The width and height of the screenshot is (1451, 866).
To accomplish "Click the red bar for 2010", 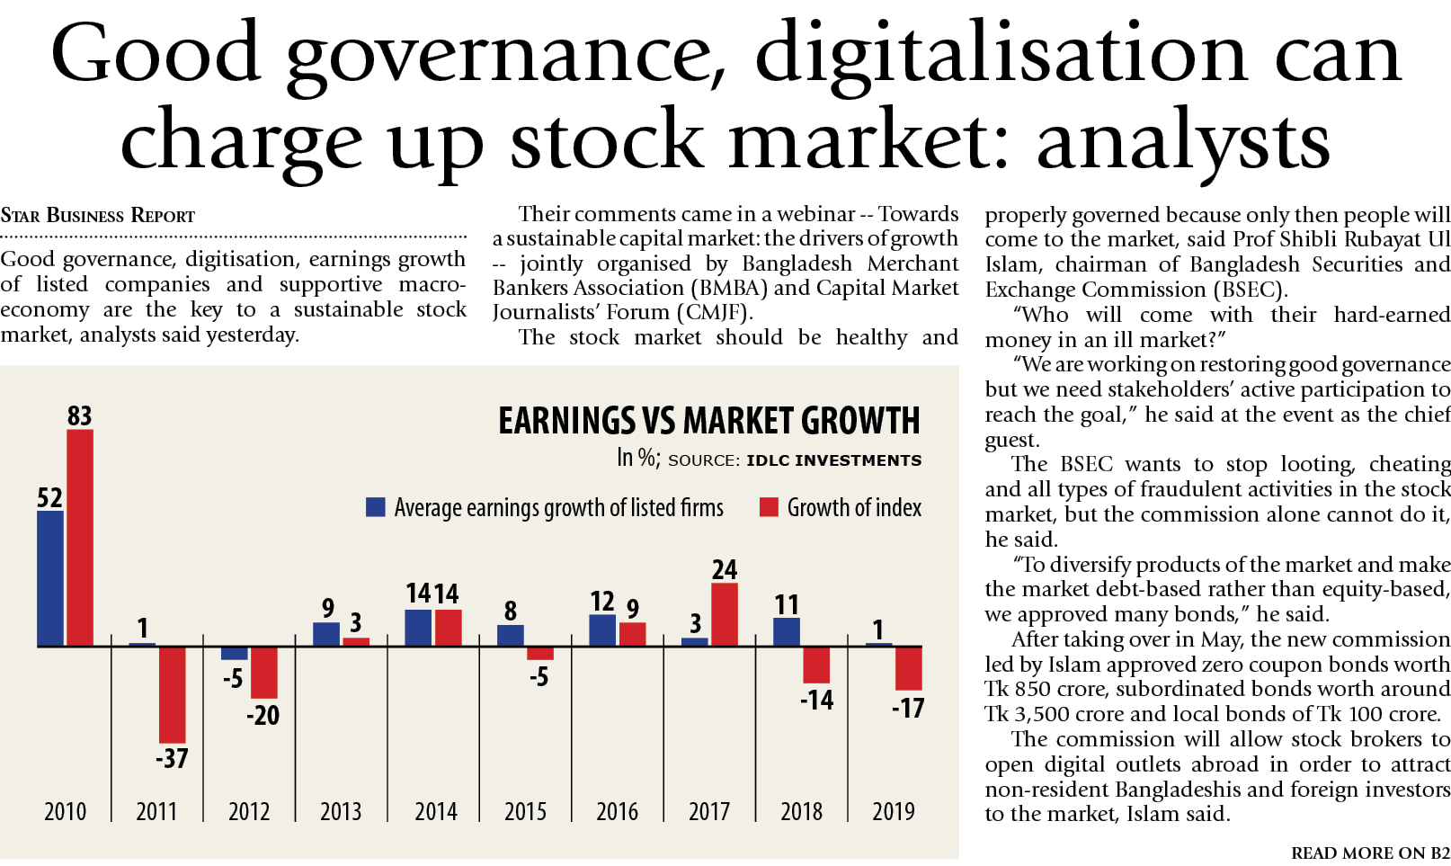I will coord(80,537).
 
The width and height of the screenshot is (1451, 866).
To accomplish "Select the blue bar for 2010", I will coord(50,578).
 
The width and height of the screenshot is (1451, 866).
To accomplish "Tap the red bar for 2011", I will coord(173,694).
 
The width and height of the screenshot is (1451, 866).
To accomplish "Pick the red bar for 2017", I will coord(725,614).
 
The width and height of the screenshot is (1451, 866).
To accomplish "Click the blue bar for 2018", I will coord(787,631).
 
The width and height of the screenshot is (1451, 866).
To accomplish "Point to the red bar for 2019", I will coord(909,668).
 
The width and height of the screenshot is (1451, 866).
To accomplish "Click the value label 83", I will coord(80,415).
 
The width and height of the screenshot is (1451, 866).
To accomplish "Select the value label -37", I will coord(172,758).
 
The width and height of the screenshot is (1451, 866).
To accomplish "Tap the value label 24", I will coord(725,569).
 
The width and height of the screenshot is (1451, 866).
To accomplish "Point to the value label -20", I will coord(263,715).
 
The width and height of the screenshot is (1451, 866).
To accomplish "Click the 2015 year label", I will coord(526,811).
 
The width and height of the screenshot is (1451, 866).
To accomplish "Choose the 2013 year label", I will coord(341,811).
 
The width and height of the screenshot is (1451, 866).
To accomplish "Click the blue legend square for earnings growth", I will coord(376,507).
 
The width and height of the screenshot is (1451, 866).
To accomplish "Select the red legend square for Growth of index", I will coord(769,507).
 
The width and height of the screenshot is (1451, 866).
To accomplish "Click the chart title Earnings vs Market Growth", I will coord(709,421).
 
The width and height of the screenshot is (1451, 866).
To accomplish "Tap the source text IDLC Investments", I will coord(833,460).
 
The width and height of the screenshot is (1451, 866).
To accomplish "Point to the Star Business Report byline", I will coord(98,216).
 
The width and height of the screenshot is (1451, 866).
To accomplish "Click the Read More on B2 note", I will coord(1370,853).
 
